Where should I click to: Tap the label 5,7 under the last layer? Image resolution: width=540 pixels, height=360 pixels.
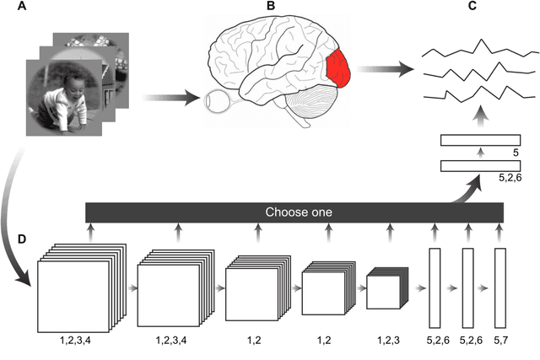500,339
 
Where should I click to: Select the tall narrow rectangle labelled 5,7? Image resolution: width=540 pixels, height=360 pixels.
500,287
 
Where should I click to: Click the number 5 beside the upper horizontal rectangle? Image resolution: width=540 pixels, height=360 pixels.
515,154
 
